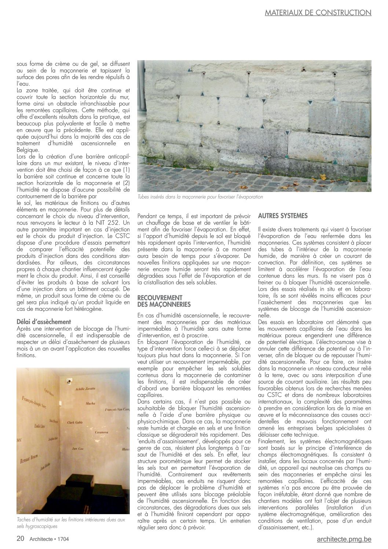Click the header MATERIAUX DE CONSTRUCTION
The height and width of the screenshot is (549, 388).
coord(318,13)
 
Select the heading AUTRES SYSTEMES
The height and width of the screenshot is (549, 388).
coord(283,215)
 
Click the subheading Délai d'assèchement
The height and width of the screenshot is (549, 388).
coord(44,322)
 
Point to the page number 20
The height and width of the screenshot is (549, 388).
coord(21,539)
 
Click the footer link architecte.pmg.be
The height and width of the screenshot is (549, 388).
coord(344,539)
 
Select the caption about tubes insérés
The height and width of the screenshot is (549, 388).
coord(200,197)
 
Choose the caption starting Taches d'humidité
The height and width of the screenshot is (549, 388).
coord(71,523)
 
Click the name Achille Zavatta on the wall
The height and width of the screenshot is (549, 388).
coord(85,388)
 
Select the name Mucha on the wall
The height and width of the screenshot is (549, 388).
coord(90,404)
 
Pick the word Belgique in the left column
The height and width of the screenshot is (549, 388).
coord(28,150)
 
